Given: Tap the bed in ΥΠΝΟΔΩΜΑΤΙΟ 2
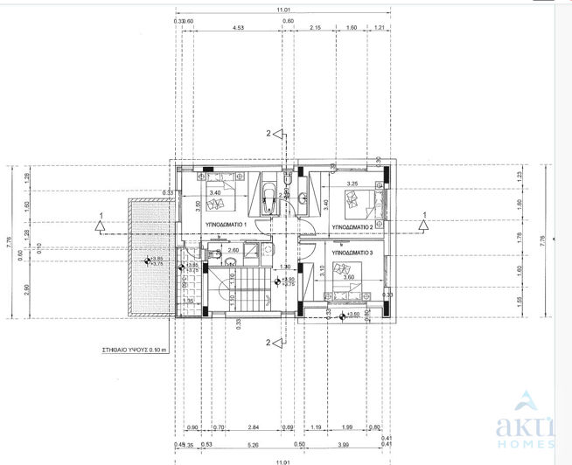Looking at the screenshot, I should coord(364,204).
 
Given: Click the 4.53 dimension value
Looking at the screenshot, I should coord(238,28).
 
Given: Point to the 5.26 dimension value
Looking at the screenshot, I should coord(252,445).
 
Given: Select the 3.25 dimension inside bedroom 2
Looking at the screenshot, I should coord(353,184).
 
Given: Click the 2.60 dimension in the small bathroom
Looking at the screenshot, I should coord(234,251).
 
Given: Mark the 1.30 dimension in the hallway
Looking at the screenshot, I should coord(284,267).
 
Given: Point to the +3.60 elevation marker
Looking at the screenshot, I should coord(352,315).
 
